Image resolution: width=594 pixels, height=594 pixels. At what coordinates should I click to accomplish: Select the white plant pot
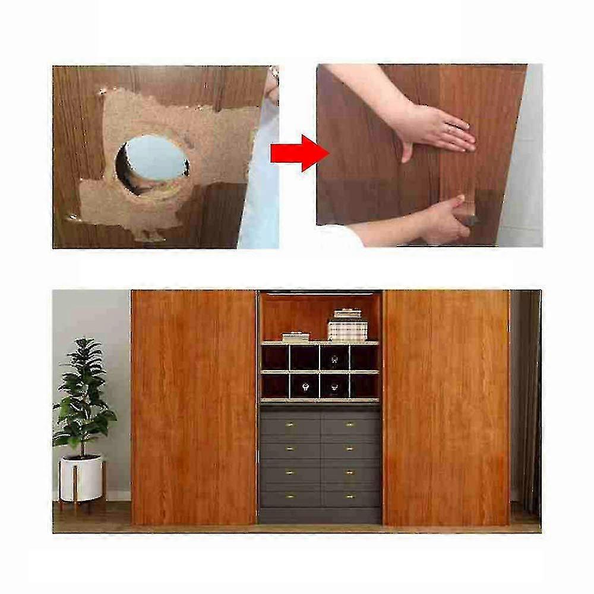[x=81, y=478]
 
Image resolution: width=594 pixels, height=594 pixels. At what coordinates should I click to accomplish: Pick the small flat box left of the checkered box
[x=296, y=337]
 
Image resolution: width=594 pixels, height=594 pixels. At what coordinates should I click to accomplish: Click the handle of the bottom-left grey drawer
[x=291, y=497]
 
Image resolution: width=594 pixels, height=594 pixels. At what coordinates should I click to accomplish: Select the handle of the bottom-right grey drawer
[x=350, y=497]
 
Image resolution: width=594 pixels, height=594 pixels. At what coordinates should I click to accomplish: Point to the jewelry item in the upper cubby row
[x=334, y=359]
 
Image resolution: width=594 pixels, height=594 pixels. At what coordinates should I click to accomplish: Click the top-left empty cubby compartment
[x=275, y=358]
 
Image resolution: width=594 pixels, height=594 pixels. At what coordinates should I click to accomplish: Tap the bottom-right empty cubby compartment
[x=364, y=386]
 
